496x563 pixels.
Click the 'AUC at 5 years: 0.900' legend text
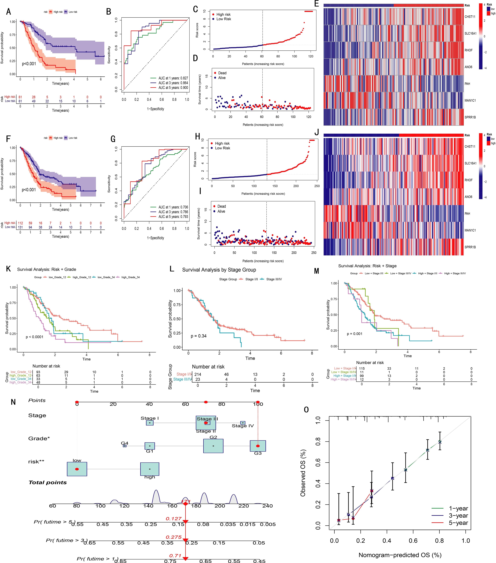173,88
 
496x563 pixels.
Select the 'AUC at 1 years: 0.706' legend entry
173,207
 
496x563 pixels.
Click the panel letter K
9,269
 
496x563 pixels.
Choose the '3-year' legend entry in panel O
458,516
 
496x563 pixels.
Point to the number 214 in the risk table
198,374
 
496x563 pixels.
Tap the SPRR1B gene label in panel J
470,247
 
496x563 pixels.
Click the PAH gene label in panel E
467,84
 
